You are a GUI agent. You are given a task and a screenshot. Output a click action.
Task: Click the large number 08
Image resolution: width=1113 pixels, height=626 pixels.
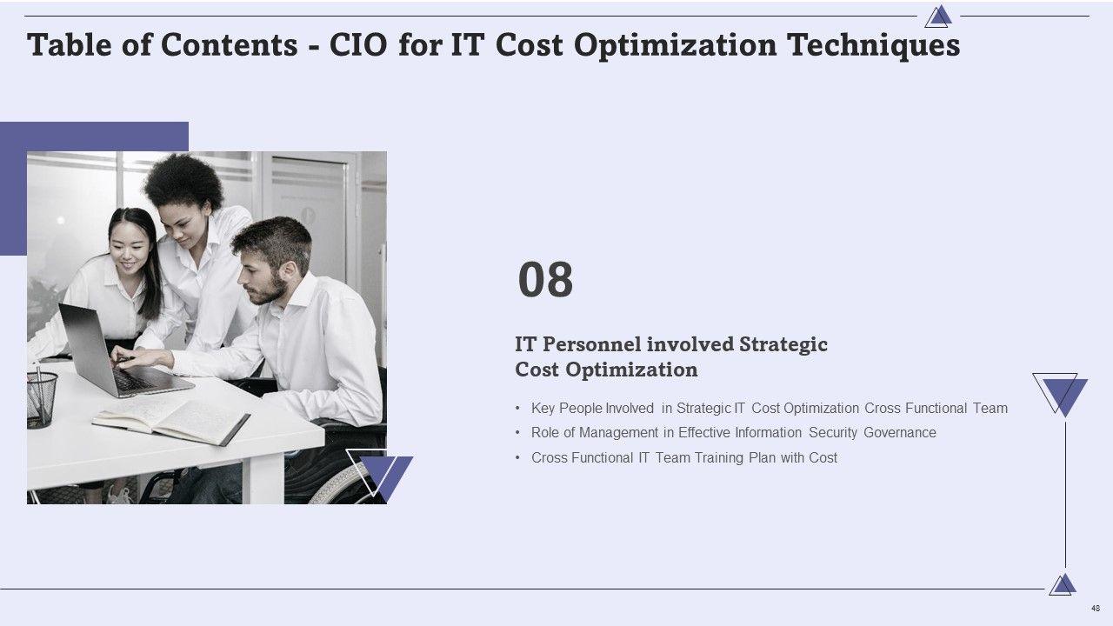[545, 280]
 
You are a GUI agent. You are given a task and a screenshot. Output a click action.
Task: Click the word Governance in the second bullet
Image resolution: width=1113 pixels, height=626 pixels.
[900, 433]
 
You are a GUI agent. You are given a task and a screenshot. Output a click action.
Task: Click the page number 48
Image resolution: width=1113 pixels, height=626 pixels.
[1095, 608]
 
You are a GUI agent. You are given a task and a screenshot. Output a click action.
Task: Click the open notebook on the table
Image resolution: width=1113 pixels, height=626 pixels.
[171, 421]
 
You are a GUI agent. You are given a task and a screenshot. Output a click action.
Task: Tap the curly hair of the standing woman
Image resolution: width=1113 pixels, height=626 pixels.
[183, 182]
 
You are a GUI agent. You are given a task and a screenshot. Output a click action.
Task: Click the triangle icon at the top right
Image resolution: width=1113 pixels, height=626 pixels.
[938, 17]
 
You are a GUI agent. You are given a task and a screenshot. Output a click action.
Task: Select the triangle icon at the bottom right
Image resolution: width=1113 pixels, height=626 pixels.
[1063, 585]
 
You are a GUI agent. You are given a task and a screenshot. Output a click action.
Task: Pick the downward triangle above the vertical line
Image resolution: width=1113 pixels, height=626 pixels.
[1060, 395]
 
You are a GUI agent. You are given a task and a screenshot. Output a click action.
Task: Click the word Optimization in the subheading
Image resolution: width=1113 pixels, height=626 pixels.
[631, 370]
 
